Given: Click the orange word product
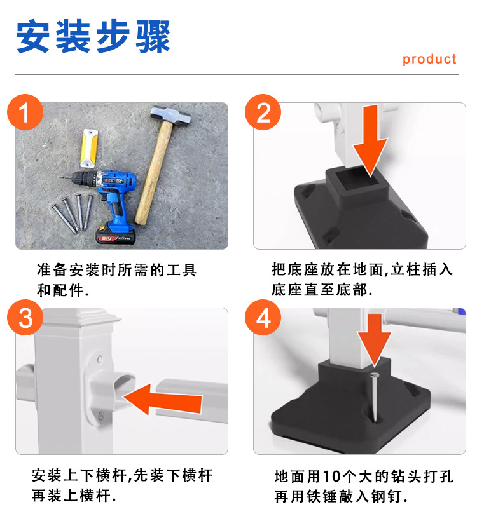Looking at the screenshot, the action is (429, 60).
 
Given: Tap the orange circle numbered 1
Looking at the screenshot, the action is (25, 112).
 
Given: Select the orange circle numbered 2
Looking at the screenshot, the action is (263, 112).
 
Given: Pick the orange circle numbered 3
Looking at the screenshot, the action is (25, 317).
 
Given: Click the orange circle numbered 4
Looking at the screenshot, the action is (263, 317).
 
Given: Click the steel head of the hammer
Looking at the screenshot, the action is (171, 116).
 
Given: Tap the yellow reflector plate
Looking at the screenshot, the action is (89, 148).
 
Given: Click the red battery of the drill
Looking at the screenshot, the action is (115, 235).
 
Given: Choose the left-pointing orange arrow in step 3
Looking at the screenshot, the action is (163, 399).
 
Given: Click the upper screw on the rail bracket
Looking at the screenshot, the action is (100, 360).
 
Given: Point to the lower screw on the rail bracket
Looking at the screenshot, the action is (100, 415).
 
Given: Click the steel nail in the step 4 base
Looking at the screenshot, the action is (375, 396).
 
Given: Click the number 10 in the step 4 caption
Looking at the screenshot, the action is (331, 476).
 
